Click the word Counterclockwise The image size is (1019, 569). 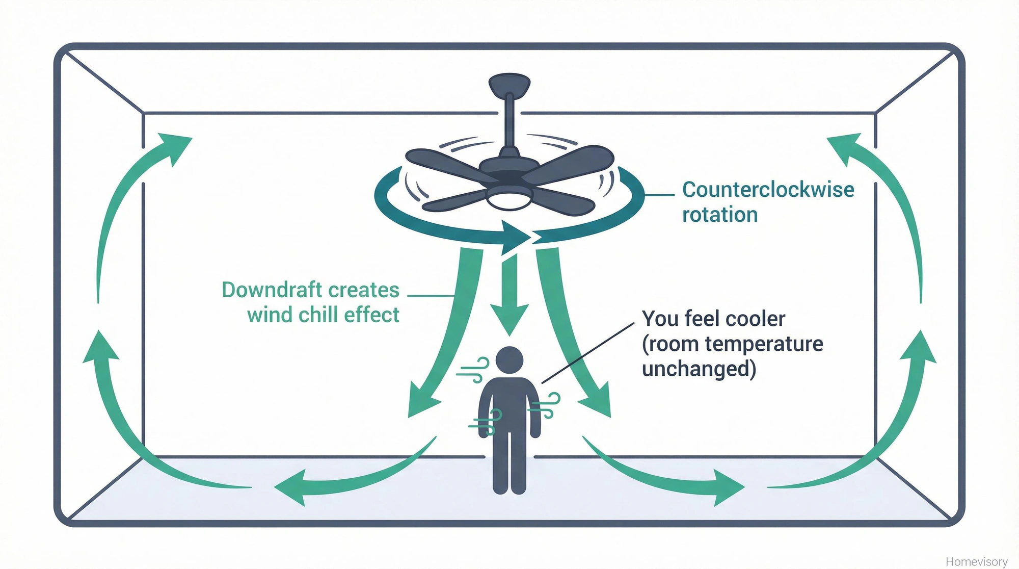[x=768, y=190]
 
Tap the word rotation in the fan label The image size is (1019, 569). [x=719, y=215]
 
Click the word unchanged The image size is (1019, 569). [x=699, y=369]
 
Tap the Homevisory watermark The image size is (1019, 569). [x=976, y=561]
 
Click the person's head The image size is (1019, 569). [x=509, y=360]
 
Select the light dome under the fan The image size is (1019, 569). [x=509, y=199]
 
